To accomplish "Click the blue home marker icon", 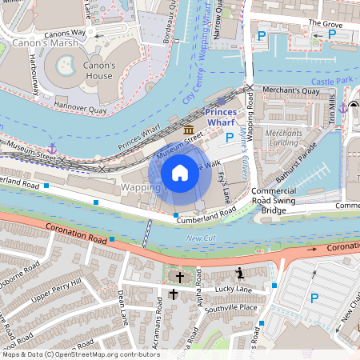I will click(180, 172).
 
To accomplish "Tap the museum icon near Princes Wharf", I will click(188, 130).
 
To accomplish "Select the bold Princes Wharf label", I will click(226, 118).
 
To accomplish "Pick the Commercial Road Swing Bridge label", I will click(279, 200).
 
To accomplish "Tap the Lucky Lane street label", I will click(234, 290).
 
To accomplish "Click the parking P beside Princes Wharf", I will click(230, 137).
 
